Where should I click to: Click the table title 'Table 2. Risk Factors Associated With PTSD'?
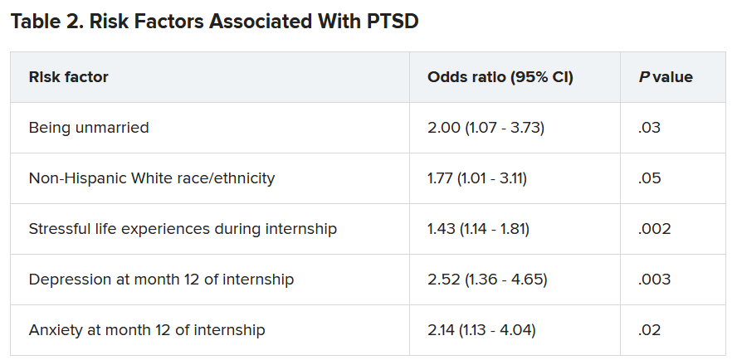pyautogui.click(x=214, y=22)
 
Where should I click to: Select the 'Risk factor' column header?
pyautogui.click(x=68, y=77)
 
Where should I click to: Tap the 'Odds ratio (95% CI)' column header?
pyautogui.click(x=500, y=77)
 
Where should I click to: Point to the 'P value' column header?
pyautogui.click(x=666, y=77)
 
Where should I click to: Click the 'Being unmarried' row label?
pyautogui.click(x=89, y=128)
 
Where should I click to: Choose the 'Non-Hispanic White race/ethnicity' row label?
pyautogui.click(x=151, y=178)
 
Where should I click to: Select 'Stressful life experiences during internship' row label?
pyautogui.click(x=183, y=229)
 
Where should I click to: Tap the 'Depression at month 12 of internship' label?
pyautogui.click(x=161, y=280)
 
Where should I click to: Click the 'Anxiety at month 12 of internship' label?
pyautogui.click(x=147, y=330)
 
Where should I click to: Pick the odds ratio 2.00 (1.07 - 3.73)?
pyautogui.click(x=486, y=128)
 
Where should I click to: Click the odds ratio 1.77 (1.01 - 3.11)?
pyautogui.click(x=477, y=178)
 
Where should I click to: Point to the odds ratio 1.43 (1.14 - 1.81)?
pyautogui.click(x=478, y=229)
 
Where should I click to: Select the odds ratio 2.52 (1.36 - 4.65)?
pyautogui.click(x=487, y=280)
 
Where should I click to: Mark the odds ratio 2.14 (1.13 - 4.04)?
pyautogui.click(x=481, y=330)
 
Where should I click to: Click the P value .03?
pyautogui.click(x=649, y=128)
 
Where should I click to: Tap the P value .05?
pyautogui.click(x=649, y=178)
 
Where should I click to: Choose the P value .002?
pyautogui.click(x=654, y=229)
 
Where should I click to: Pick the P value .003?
pyautogui.click(x=654, y=280)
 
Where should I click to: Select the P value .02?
pyautogui.click(x=649, y=330)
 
